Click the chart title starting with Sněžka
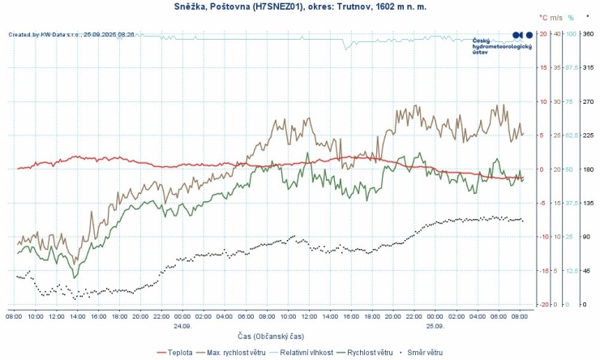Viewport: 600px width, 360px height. click(x=300, y=6)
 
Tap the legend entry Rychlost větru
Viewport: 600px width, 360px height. click(x=370, y=353)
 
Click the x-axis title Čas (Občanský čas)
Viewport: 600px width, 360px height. click(x=270, y=336)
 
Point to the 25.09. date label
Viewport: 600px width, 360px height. click(x=435, y=326)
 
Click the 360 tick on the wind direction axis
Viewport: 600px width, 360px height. click(x=589, y=33)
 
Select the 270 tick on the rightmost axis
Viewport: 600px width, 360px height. click(x=589, y=101)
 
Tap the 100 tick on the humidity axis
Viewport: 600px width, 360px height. click(x=570, y=33)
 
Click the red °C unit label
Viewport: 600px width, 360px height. click(x=543, y=16)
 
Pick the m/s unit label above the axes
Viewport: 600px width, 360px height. click(x=557, y=16)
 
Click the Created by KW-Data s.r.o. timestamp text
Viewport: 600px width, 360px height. click(x=71, y=35)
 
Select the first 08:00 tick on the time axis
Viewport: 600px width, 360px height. click(x=15, y=316)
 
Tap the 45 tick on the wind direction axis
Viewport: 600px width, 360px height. click(x=587, y=271)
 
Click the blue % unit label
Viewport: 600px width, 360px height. click(x=571, y=16)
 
